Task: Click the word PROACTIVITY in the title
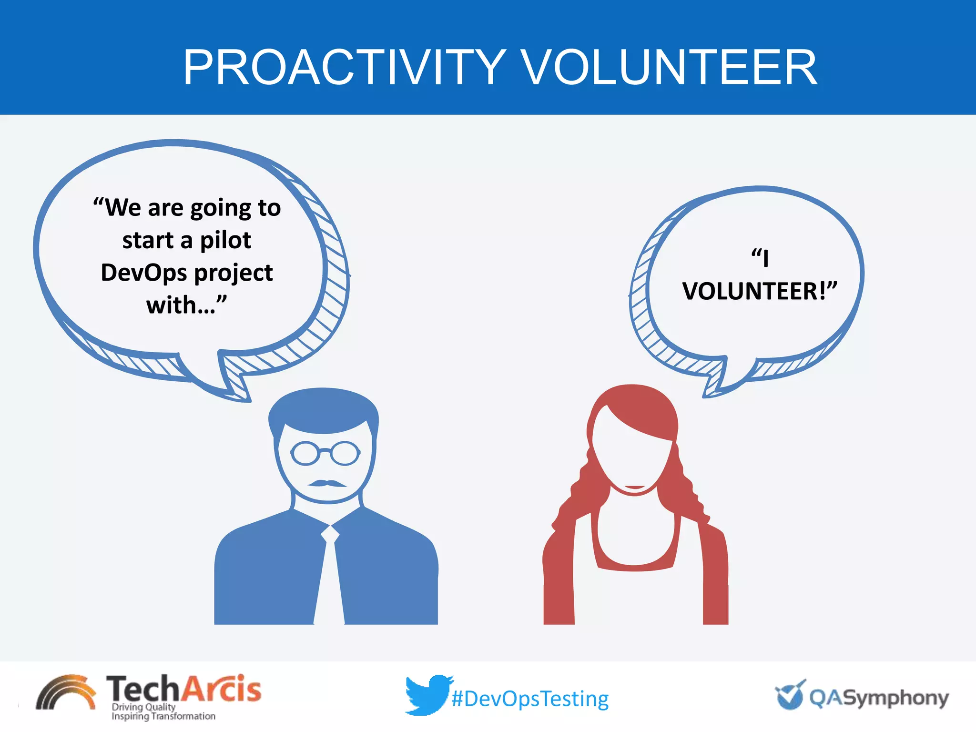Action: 344,68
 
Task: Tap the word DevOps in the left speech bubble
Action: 144,273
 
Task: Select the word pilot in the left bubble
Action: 225,240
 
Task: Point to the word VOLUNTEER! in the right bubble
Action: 759,291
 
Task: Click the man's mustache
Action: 327,483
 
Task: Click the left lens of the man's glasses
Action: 305,453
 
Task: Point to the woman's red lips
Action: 634,487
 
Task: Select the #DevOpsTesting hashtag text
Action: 530,699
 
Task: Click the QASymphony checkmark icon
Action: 790,695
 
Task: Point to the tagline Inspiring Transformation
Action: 163,716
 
